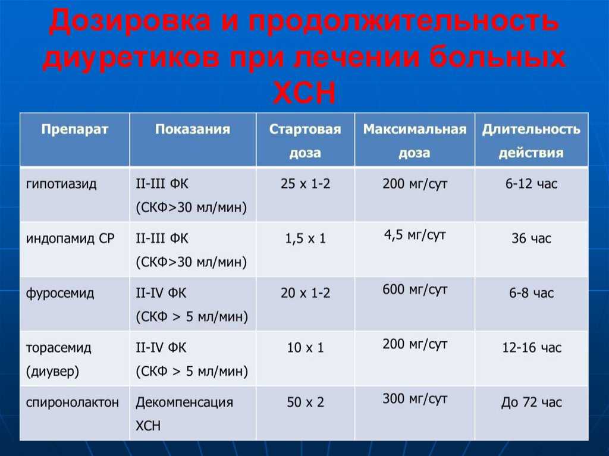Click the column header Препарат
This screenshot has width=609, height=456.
pos(74,129)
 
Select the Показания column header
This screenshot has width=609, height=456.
pos(193,129)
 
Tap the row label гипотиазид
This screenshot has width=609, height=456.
pos(61,183)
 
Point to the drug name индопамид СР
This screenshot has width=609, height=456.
pos(70,238)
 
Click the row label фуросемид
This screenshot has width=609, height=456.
pos(60,293)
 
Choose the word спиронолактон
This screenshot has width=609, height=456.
pos(72,402)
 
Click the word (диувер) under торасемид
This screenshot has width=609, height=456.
pos(52,372)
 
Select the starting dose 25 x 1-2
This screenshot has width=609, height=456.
pos(305,183)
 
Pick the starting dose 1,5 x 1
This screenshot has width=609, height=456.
pos(305,238)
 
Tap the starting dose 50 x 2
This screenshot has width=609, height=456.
pos(305,402)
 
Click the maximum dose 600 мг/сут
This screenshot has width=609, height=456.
pos(415,290)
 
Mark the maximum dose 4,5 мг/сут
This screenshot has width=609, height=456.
pos(415,235)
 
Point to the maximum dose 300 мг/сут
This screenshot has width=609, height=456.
pos(415,398)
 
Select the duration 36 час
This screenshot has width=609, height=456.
pos(531,238)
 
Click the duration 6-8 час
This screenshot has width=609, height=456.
pos(531,293)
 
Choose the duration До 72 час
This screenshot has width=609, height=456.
pos(531,402)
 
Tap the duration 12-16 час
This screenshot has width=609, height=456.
pos(532,347)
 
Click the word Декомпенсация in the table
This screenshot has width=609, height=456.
pos(184,402)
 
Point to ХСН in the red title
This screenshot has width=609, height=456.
pos(304,93)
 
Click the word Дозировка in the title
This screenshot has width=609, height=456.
pos(130,21)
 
